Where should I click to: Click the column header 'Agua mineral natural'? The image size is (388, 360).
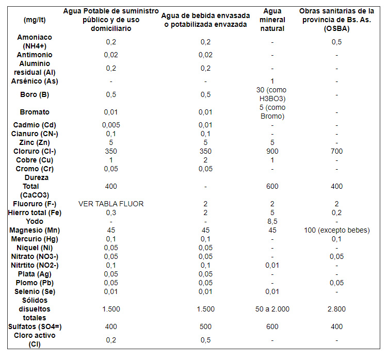tap(272, 20)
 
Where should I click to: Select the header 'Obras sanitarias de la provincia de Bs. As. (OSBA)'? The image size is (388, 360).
tap(336, 20)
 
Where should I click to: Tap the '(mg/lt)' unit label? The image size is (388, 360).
tap(35, 20)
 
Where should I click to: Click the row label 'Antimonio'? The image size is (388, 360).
tap(35, 55)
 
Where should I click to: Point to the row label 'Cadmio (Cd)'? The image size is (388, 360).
tap(35, 125)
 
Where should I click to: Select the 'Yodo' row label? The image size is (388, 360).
tap(35, 221)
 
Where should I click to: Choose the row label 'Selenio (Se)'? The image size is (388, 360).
tap(35, 291)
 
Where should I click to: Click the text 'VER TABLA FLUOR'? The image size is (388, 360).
tap(111, 204)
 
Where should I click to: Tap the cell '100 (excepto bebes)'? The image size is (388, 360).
tap(336, 230)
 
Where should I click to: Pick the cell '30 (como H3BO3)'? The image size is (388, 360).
tap(272, 94)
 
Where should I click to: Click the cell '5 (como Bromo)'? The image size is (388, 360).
tap(272, 112)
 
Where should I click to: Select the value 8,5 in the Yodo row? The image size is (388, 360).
tap(272, 221)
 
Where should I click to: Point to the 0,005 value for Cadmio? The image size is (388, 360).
tap(111, 125)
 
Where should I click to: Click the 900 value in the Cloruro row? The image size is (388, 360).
tap(272, 151)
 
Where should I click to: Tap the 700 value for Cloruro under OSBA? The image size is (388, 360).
tap(336, 151)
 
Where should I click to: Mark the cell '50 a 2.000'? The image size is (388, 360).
tap(272, 309)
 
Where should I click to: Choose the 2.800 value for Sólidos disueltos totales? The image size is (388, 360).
tap(336, 309)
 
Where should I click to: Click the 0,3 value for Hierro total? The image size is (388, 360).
tap(111, 212)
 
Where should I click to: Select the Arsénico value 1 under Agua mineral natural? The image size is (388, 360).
tap(272, 81)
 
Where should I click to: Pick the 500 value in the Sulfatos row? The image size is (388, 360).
tap(205, 326)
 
